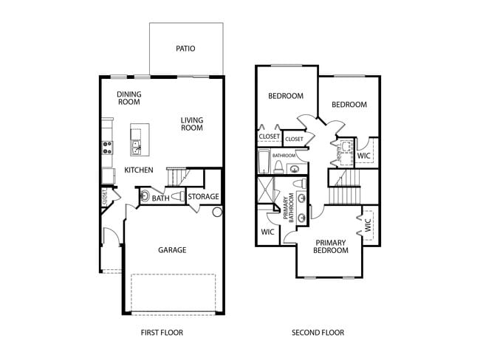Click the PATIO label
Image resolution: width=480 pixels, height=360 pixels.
tap(185, 49)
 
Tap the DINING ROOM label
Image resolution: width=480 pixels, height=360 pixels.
tap(129, 99)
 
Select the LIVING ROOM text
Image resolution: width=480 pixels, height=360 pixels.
tap(192, 124)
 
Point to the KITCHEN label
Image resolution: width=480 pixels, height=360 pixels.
tap(138, 170)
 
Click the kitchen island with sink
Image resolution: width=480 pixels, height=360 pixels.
tap(136, 139)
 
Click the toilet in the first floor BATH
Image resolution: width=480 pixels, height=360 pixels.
tap(143, 197)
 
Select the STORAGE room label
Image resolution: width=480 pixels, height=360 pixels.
tap(203, 197)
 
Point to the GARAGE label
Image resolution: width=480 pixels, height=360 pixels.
tap(172, 250)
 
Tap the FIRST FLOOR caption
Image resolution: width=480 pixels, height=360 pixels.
tap(162, 333)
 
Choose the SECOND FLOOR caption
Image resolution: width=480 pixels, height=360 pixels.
tap(318, 333)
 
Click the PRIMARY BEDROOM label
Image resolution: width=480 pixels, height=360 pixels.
tap(332, 246)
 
